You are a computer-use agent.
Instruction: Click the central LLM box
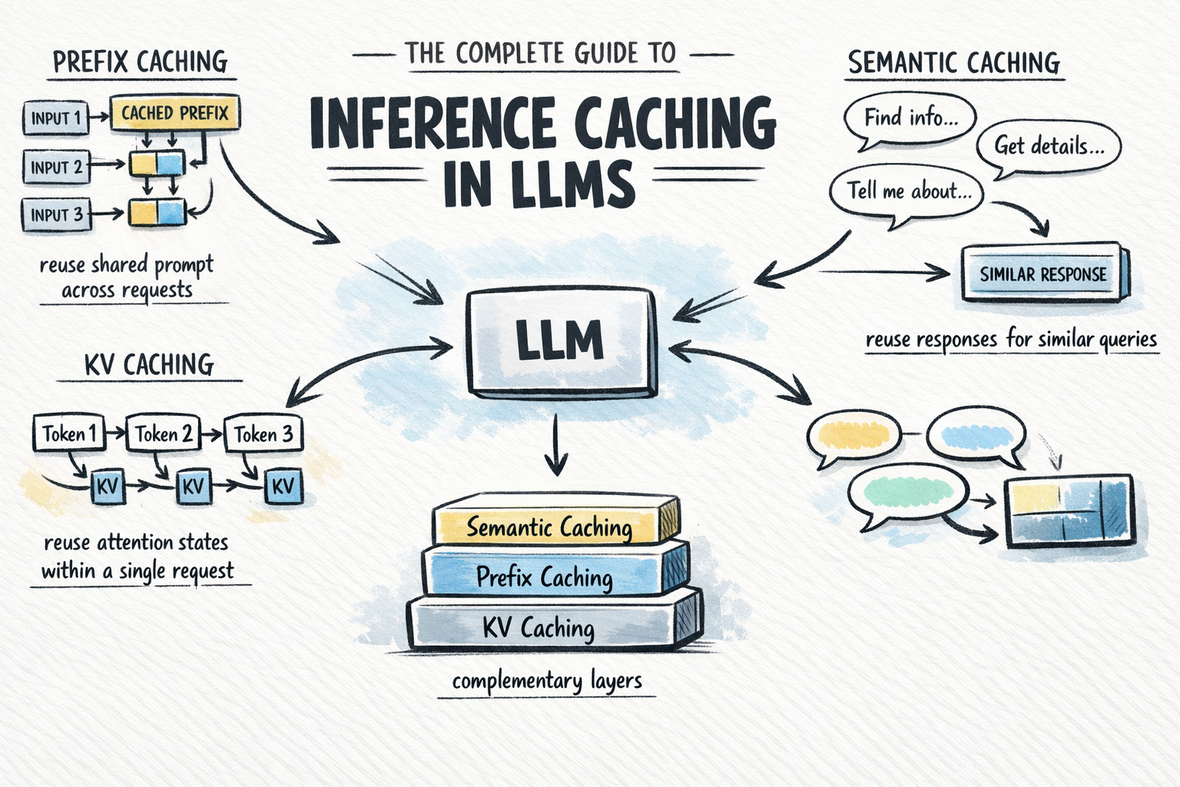[x=559, y=341]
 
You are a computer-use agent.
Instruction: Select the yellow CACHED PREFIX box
[x=175, y=114]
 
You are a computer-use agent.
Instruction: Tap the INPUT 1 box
[x=56, y=118]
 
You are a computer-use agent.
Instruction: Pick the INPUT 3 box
[x=56, y=215]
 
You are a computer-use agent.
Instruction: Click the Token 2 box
[x=163, y=434]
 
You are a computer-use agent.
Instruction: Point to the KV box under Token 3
[x=283, y=486]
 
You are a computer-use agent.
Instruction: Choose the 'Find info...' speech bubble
[x=910, y=118]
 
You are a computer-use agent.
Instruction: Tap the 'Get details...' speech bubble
[x=1049, y=146]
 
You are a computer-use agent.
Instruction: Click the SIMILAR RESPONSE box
[x=1042, y=274]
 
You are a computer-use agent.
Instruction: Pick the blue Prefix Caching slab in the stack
[x=545, y=576]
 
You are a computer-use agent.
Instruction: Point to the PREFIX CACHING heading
[x=141, y=61]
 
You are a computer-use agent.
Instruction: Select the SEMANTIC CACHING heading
[x=954, y=62]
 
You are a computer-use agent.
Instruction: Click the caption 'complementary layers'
[x=546, y=681]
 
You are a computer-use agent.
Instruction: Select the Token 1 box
[x=68, y=434]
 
